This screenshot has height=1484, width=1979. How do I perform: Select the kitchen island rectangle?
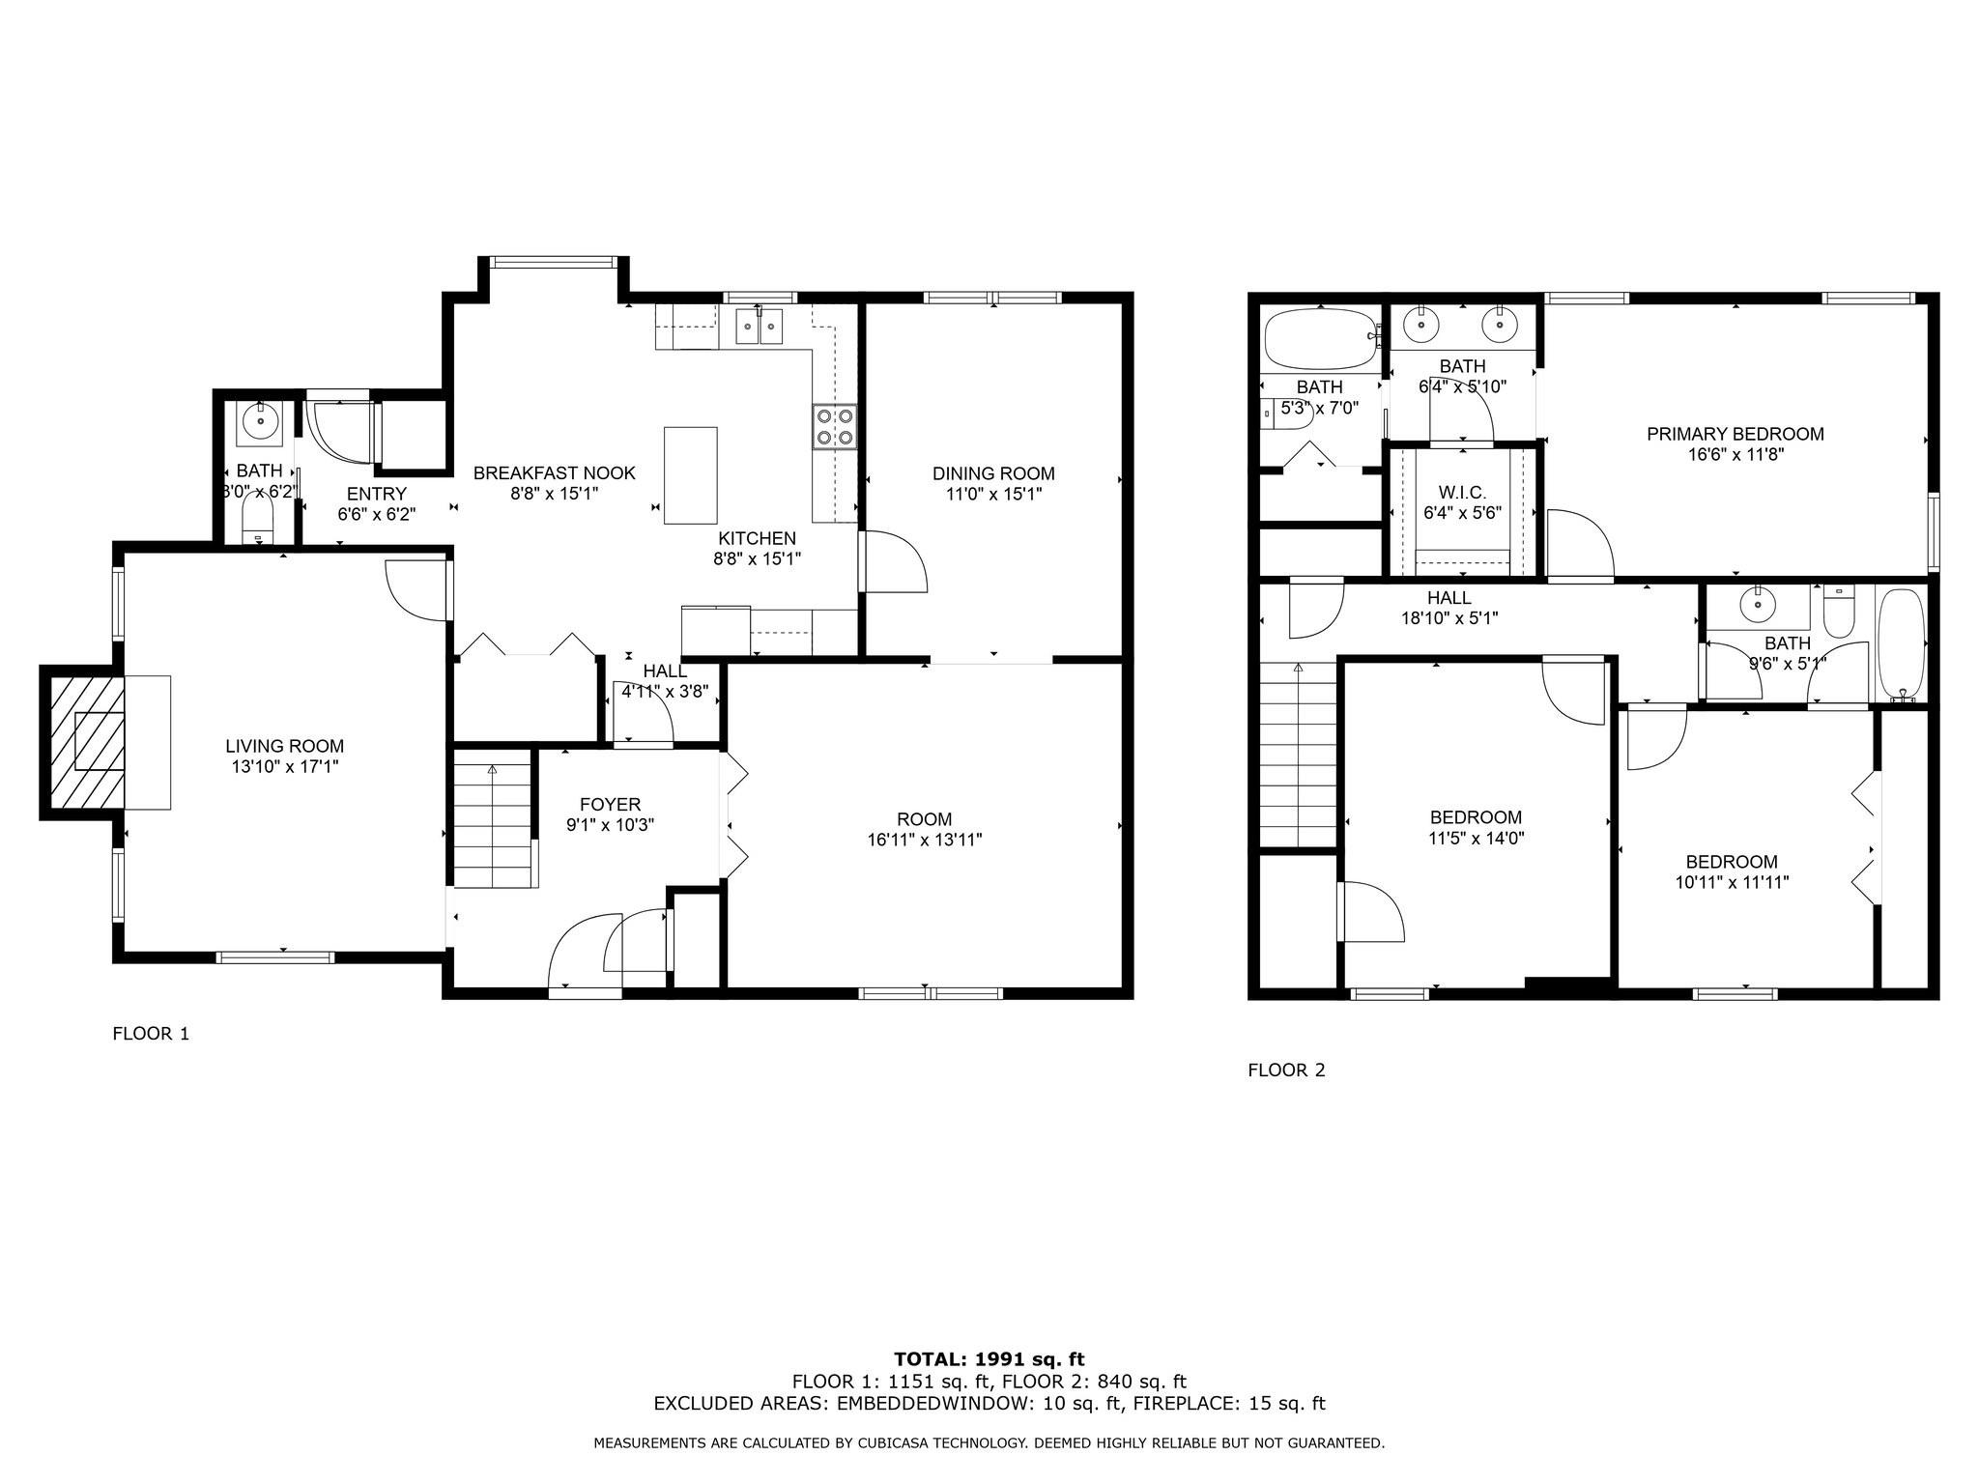tap(690, 474)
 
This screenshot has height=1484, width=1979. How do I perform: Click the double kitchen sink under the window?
tap(759, 327)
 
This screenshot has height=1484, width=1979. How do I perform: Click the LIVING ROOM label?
tap(284, 746)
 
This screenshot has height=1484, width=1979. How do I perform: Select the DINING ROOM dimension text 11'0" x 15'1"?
tap(993, 495)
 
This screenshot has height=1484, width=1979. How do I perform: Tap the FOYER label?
tap(610, 804)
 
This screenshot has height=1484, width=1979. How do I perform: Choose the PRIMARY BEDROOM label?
tap(1735, 434)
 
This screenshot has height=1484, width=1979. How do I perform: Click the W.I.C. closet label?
tap(1462, 493)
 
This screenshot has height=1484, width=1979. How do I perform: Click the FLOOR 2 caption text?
tap(1286, 1070)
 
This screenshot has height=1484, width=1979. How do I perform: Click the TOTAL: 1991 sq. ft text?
tap(989, 1359)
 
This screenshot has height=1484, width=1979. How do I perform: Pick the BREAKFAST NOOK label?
tap(554, 473)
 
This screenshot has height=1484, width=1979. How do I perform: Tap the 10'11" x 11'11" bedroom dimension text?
tap(1732, 882)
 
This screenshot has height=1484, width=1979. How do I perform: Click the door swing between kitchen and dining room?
tap(894, 562)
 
